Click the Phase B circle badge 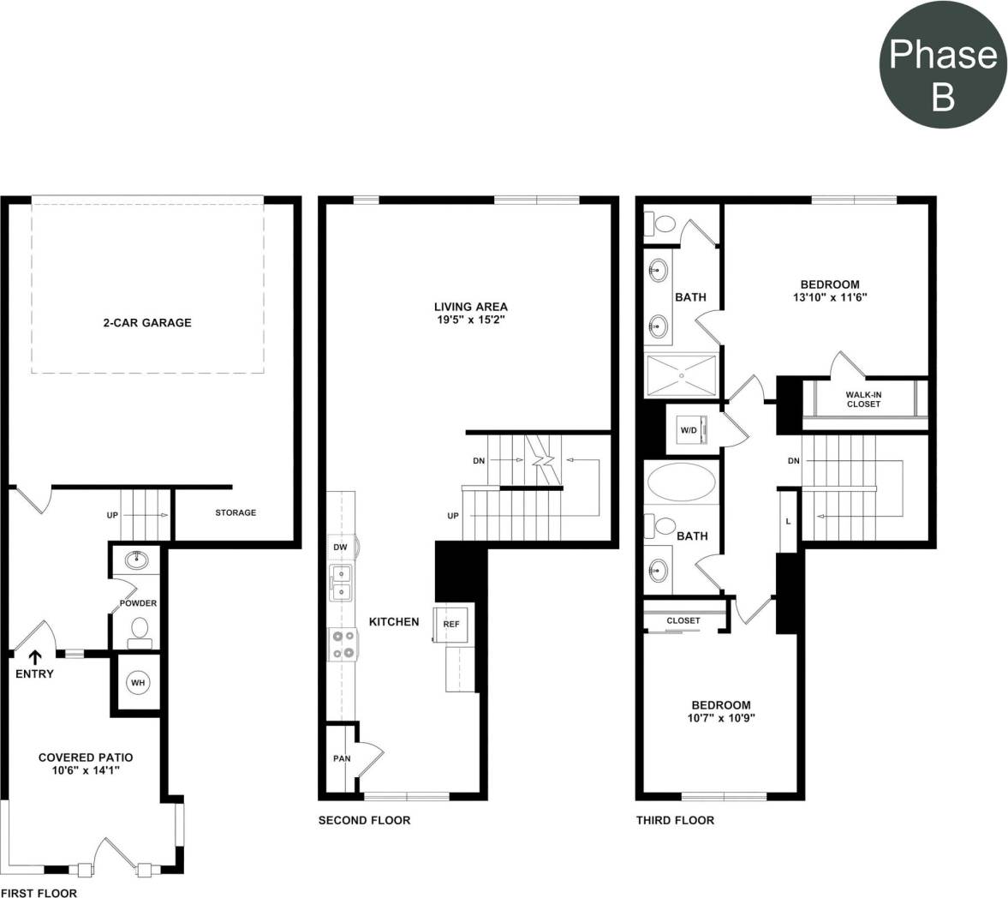(x=942, y=75)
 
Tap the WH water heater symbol (x=138, y=683)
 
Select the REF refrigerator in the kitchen (x=451, y=625)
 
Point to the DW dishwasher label (x=340, y=547)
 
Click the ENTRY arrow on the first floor (x=35, y=657)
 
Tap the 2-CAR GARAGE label (x=143, y=323)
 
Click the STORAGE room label (x=236, y=512)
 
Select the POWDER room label (x=138, y=603)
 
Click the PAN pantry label (x=342, y=759)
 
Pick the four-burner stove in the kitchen (x=343, y=644)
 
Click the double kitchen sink (x=342, y=584)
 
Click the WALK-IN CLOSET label (x=863, y=399)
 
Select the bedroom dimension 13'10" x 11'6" (x=829, y=298)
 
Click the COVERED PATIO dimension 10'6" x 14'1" (x=86, y=770)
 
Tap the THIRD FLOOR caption (x=675, y=820)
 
